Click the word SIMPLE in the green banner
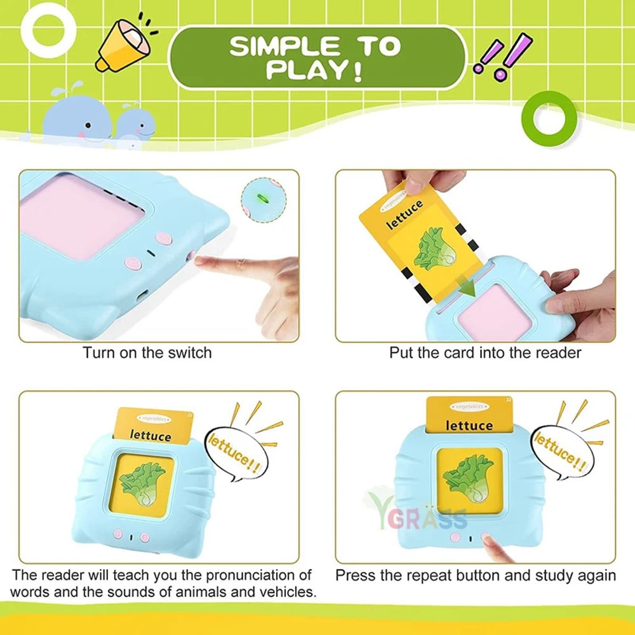[x=276, y=46]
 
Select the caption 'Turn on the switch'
[x=147, y=352]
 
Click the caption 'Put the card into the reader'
[x=485, y=352]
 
